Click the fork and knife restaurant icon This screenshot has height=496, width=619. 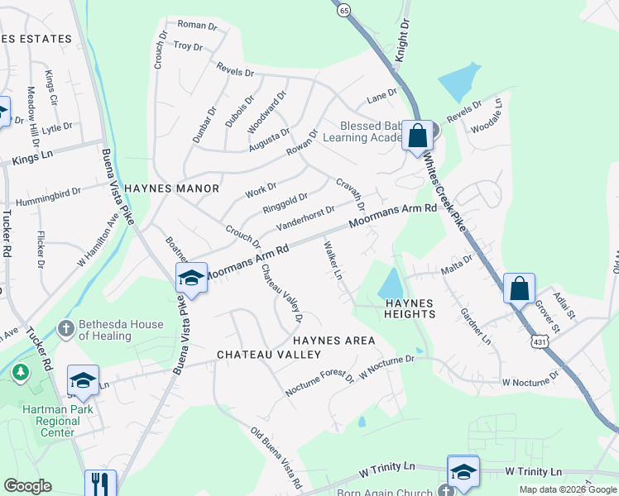[x=99, y=483]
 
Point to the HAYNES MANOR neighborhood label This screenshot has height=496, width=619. [x=172, y=188]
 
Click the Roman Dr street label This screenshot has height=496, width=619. [x=197, y=26]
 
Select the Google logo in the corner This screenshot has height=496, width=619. [x=28, y=486]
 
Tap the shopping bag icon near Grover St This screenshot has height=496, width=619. [x=519, y=289]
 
